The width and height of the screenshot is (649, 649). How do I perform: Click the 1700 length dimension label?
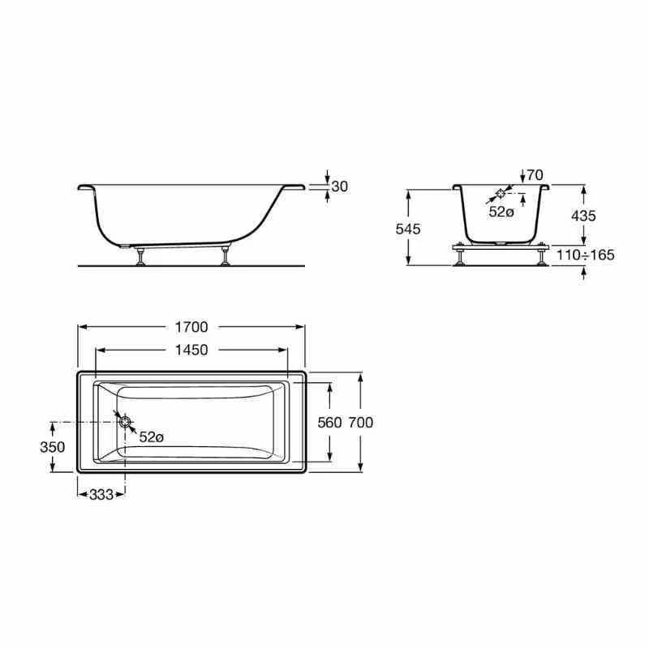[191, 328]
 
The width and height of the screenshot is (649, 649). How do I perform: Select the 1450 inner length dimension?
[191, 350]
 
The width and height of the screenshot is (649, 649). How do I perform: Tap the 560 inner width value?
[329, 423]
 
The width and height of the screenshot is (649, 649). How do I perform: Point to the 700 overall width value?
[359, 423]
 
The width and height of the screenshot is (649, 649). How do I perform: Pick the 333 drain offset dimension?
[101, 493]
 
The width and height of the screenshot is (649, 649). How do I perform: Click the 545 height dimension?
[409, 229]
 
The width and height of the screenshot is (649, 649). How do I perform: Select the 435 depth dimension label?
[583, 216]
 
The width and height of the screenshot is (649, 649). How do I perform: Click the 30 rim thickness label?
[340, 187]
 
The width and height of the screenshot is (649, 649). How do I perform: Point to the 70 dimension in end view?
[534, 174]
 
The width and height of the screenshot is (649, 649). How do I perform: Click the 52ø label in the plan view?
[151, 436]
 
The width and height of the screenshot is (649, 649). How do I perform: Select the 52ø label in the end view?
[501, 212]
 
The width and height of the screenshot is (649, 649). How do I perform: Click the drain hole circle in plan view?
[125, 421]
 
